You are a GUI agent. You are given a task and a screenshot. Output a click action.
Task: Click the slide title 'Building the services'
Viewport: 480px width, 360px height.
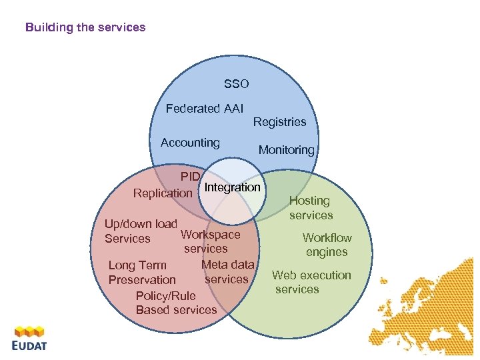tap(85, 27)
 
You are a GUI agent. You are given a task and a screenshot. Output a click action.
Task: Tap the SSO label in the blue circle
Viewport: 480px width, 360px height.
tap(236, 84)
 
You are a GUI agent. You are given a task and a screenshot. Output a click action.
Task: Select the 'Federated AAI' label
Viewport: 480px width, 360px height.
tap(205, 108)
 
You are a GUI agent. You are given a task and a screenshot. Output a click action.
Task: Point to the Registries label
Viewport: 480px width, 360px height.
tap(279, 122)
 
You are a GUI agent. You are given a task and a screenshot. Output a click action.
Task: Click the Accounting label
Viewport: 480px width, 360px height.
tap(190, 142)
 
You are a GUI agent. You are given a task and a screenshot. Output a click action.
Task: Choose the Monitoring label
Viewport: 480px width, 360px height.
tap(286, 150)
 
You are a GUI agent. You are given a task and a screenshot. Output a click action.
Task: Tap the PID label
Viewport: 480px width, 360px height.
tap(190, 177)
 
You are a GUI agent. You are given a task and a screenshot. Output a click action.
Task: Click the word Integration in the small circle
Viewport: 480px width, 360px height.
tap(232, 187)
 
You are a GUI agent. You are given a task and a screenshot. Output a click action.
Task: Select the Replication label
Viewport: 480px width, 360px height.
tap(163, 193)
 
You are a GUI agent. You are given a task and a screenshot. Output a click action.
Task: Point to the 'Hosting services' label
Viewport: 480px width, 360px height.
tap(310, 208)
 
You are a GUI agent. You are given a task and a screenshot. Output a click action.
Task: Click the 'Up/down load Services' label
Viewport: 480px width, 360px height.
tap(140, 231)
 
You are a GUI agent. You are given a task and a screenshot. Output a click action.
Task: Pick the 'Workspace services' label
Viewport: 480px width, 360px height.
tap(209, 241)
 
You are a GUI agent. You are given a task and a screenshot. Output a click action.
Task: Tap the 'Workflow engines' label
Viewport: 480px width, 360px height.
tap(327, 245)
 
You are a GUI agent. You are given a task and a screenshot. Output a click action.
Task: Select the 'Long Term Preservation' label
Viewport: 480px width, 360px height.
tap(141, 273)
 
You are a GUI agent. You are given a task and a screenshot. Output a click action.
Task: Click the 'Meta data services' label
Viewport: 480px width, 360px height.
tap(227, 272)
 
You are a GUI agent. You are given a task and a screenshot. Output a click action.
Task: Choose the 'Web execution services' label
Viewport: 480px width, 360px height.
tap(311, 282)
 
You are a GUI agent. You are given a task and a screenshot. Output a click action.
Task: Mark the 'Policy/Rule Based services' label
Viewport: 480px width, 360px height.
tap(175, 303)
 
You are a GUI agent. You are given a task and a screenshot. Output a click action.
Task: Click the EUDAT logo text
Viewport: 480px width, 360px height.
tap(29, 345)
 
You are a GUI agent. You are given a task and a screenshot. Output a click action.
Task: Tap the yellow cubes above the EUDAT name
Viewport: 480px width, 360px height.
tap(29, 331)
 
